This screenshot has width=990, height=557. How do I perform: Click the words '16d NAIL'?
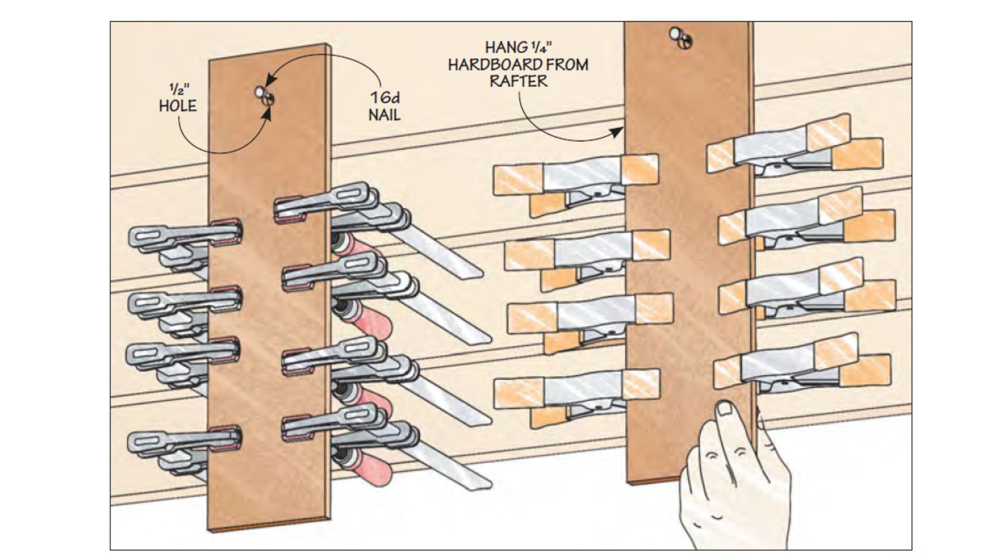[385, 106]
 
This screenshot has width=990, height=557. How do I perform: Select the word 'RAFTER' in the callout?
[518, 81]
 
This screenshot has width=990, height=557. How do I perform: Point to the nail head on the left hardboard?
[259, 92]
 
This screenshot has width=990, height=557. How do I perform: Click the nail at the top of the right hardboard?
[675, 35]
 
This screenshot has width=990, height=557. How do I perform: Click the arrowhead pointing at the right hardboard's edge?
[617, 133]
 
